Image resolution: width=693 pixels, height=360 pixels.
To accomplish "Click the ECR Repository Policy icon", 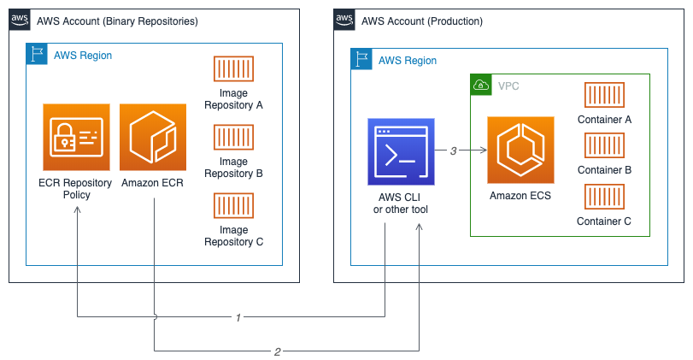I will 76,137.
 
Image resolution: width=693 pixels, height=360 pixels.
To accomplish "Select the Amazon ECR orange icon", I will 154,137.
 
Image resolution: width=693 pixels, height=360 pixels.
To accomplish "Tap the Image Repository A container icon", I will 233,70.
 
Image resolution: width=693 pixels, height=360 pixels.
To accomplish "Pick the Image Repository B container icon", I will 233,137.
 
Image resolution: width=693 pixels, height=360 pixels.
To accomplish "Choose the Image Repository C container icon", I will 233,205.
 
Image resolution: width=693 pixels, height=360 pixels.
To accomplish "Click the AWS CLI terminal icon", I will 401,151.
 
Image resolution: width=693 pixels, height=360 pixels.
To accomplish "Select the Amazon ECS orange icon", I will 520,150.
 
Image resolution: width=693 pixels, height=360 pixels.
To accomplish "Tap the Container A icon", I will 604,96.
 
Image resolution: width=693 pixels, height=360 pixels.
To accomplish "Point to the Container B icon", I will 604,146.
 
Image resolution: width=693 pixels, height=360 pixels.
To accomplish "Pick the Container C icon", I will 604,197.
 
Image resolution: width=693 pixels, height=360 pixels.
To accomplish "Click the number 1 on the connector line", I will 239,317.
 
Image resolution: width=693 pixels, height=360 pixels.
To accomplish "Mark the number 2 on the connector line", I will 278,351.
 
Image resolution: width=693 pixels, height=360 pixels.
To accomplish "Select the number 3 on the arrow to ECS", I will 454,151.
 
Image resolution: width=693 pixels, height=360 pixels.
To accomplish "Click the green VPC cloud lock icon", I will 481,85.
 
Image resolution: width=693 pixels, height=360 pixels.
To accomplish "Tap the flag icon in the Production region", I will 361,60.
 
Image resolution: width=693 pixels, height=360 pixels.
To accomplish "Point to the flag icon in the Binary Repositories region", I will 37,54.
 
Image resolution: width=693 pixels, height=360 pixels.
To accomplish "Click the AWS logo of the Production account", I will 344,20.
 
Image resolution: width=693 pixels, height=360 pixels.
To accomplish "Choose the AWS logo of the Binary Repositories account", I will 19,20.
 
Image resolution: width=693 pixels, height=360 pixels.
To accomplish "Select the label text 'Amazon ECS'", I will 520,196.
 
